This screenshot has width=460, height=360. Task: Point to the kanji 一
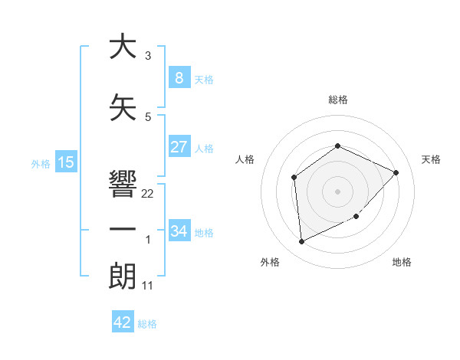[x=119, y=231]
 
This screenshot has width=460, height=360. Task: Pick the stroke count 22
[x=148, y=194]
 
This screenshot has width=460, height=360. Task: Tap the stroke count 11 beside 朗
[x=148, y=286]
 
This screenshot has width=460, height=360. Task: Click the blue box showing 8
[x=179, y=77]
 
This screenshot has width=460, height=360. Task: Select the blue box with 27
[x=179, y=147]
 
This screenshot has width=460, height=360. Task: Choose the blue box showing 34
[x=179, y=231]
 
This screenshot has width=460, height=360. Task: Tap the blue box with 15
[x=65, y=162]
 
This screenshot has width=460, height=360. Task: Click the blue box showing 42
[x=123, y=322]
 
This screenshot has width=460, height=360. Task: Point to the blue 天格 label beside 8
[x=204, y=79]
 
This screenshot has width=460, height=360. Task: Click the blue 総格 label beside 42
[x=147, y=324]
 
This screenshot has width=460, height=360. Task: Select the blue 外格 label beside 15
[x=41, y=164]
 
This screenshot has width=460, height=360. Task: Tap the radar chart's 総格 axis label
[x=337, y=100]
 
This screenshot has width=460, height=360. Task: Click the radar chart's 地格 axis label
[x=402, y=262]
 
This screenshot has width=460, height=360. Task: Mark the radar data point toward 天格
[x=396, y=172]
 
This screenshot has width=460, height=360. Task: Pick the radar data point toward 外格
[x=301, y=242]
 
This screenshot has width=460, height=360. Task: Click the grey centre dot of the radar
[x=337, y=191]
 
